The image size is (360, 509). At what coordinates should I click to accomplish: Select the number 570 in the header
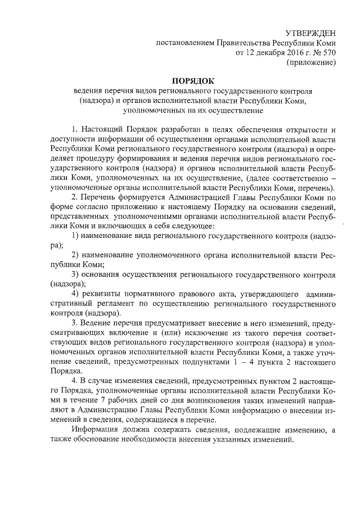point(328,52)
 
